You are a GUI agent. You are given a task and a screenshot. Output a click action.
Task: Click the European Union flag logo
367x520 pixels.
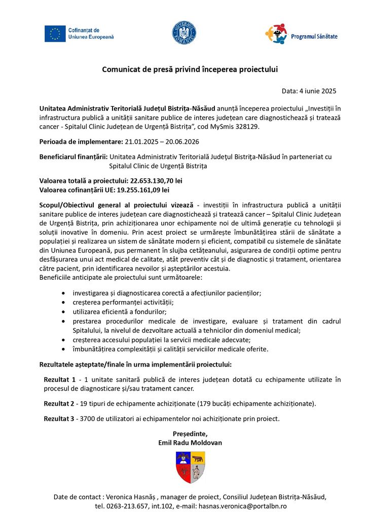point(55,34)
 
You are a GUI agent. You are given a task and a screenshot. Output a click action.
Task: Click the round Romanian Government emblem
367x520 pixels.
point(184,32)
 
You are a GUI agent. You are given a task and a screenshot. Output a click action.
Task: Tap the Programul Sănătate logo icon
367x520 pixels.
point(276,34)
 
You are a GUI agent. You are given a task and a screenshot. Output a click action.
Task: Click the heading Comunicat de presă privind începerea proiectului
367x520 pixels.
point(183,69)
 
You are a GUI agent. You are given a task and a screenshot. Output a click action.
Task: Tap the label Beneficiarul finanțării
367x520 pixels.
point(74,157)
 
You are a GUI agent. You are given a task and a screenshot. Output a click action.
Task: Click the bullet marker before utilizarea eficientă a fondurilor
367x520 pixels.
point(62,312)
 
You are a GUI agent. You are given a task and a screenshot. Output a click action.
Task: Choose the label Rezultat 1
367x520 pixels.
point(60,380)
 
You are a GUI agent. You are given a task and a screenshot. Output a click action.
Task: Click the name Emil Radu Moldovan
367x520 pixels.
point(190,443)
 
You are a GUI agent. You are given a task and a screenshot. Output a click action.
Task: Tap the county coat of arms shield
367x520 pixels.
point(190,467)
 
